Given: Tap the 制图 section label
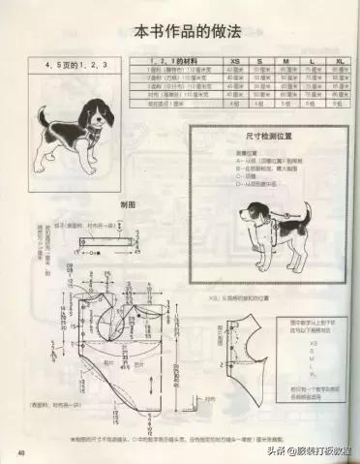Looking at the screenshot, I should (x=127, y=204).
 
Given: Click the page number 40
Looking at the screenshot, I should (x=18, y=452).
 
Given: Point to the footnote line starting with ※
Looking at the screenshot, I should (x=184, y=439).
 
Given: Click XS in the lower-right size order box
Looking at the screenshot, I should (x=312, y=342).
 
